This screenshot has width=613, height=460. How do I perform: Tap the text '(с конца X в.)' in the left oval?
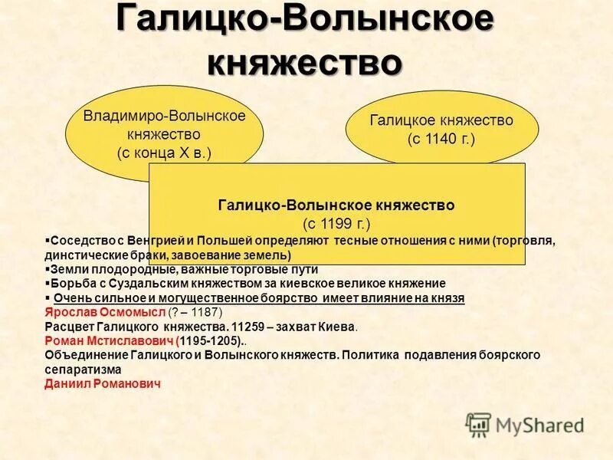pyautogui.click(x=164, y=153)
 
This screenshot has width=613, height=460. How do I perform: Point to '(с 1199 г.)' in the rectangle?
pyautogui.click(x=336, y=224)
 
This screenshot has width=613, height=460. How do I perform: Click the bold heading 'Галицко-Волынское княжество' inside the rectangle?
pyautogui.click(x=336, y=205)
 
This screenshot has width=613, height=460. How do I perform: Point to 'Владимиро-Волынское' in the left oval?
pyautogui.click(x=164, y=116)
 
